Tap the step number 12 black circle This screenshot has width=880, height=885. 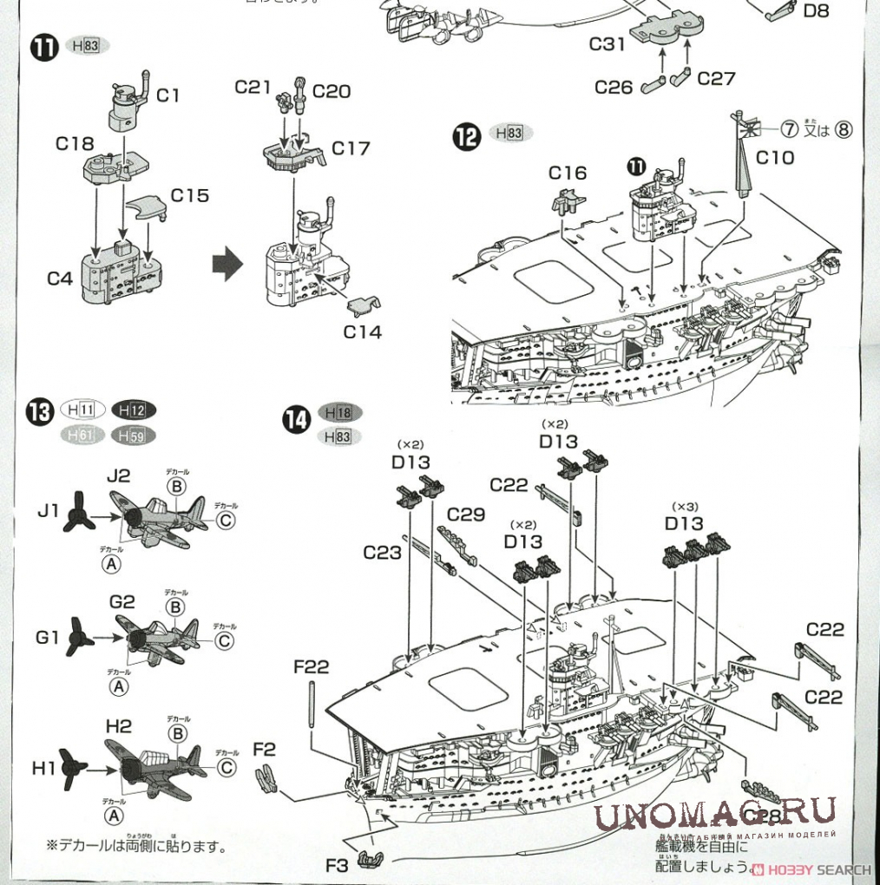point(466,136)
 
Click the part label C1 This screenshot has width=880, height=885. point(168,95)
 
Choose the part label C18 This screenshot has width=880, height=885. point(76,144)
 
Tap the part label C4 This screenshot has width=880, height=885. point(60,279)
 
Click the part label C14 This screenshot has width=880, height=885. point(362,331)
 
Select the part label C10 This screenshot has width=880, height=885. point(774,157)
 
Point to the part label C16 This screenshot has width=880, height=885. point(568,174)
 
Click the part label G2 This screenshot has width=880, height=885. point(122,601)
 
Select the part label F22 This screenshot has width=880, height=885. point(312,666)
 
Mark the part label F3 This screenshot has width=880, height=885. point(337,865)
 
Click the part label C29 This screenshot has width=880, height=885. point(466,515)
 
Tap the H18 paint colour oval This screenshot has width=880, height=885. point(341,413)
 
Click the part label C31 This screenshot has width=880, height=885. point(607,43)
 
